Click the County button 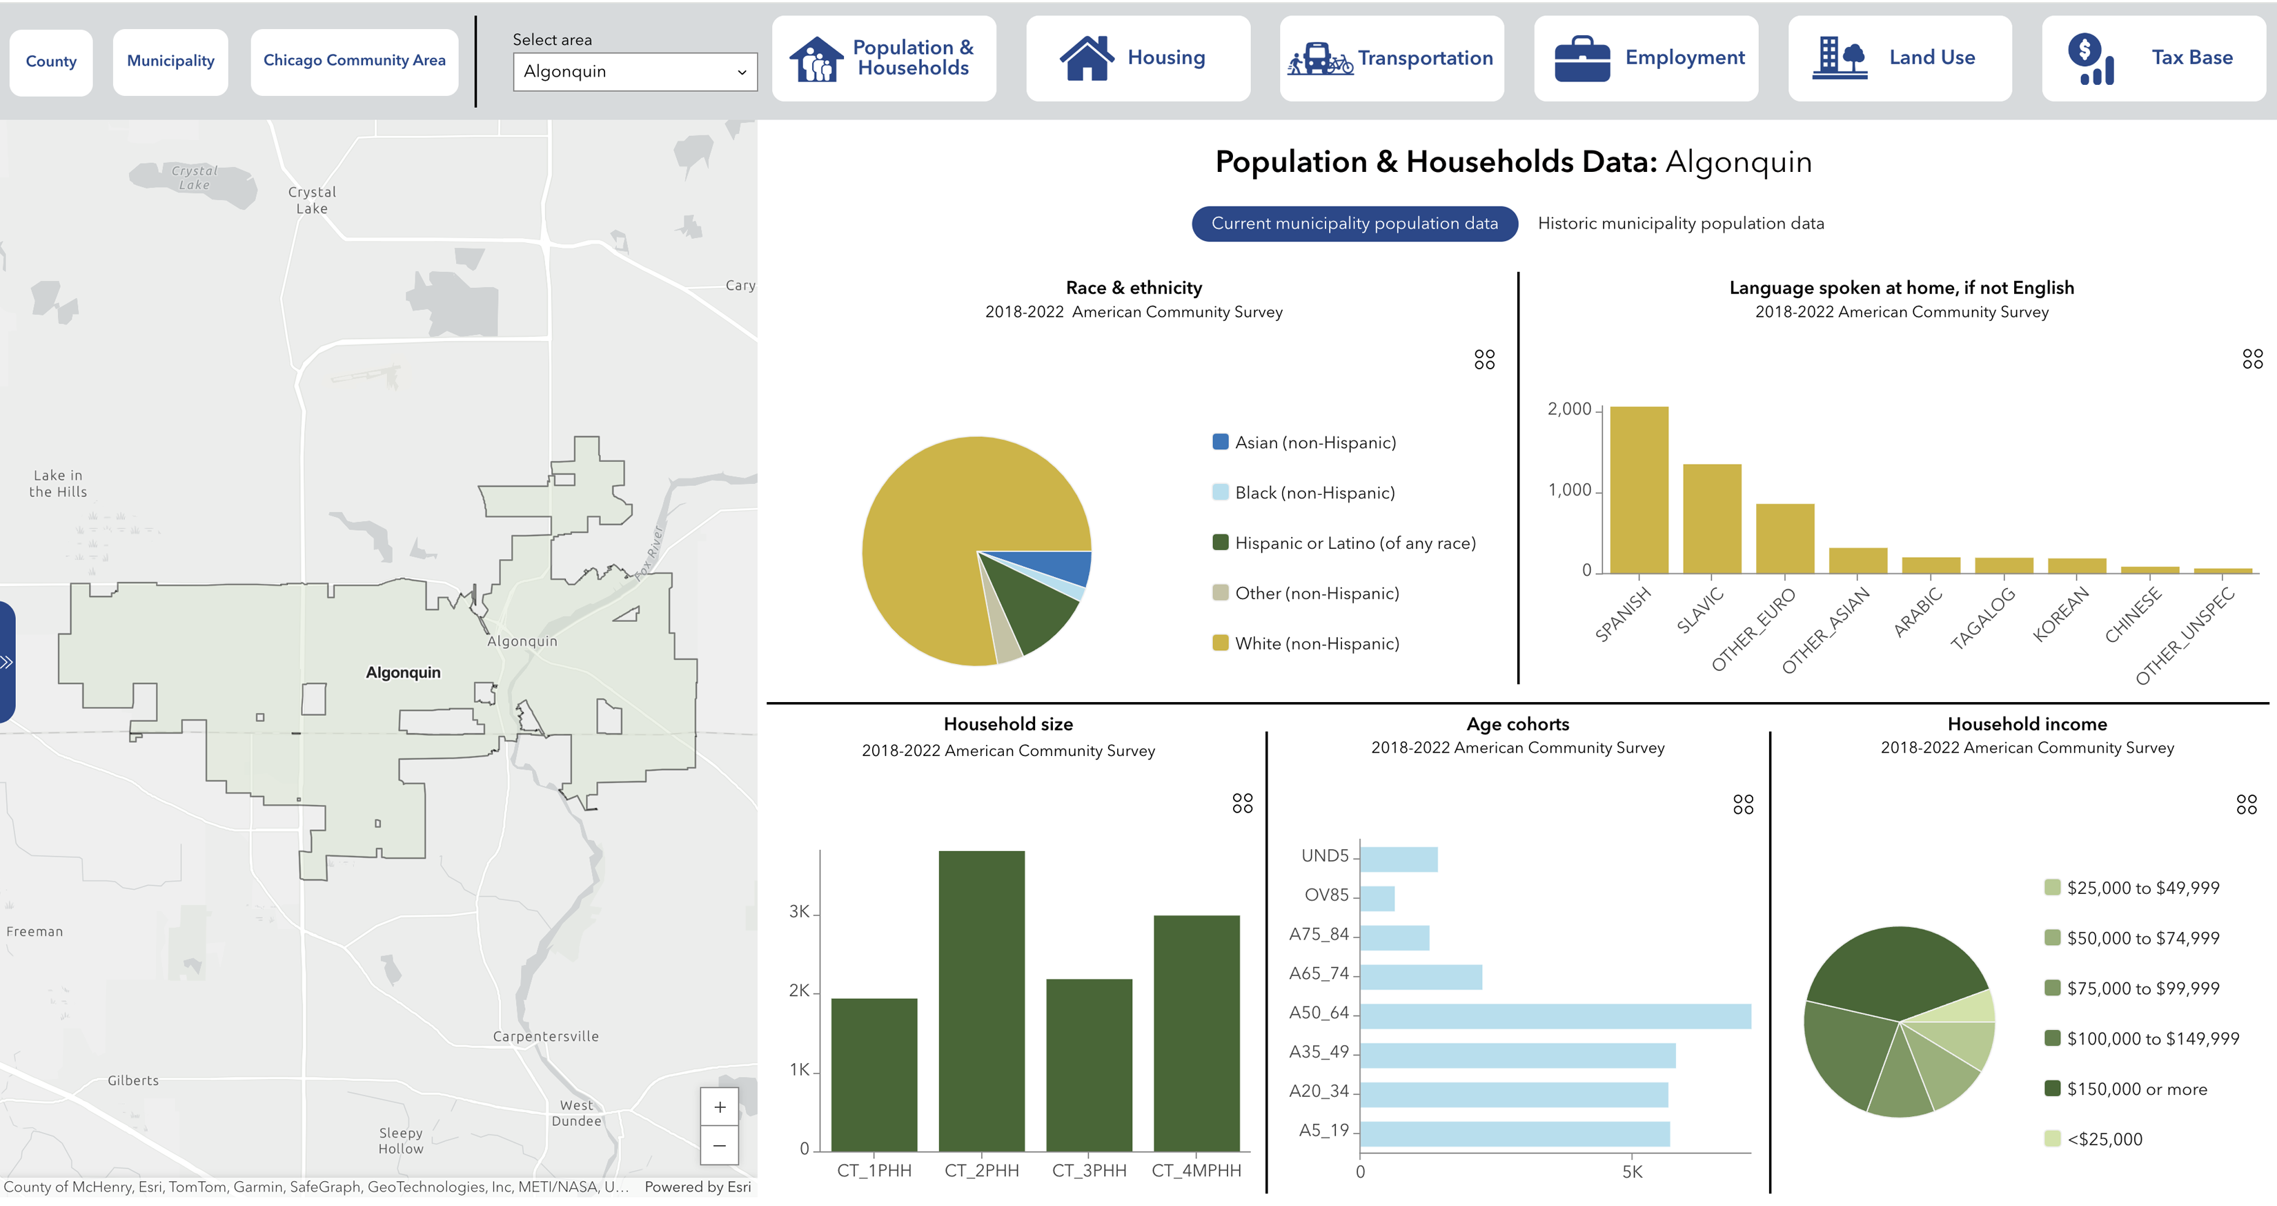coord(50,61)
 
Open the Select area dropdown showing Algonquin coord(635,72)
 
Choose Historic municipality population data coord(1679,224)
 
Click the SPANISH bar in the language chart coord(1638,491)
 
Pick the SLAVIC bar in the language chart coord(1711,519)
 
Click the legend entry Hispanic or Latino coord(1354,543)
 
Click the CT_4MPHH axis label coord(1195,1171)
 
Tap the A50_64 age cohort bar coord(1554,1016)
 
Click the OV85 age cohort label coord(1326,895)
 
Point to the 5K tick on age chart coord(1632,1171)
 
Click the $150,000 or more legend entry coord(2136,1089)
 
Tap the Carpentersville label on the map coord(545,1036)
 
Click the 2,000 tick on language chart coord(1569,409)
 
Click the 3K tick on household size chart coord(799,911)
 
